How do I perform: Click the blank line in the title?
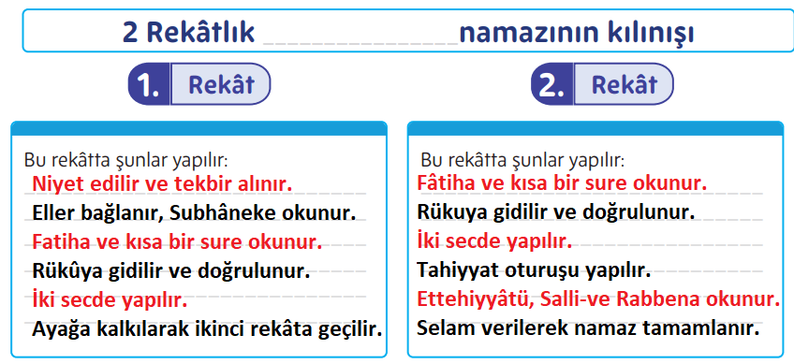point(361,37)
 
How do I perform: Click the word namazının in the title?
point(515,34)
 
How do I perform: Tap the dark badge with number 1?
point(148,85)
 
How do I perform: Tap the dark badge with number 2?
point(551,85)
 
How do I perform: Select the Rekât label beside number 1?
point(221,85)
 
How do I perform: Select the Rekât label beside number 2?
point(625,85)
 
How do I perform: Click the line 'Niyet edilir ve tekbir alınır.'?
point(162,182)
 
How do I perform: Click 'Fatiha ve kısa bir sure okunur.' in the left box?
point(177,241)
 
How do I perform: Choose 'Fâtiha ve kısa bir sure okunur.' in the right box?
point(562,182)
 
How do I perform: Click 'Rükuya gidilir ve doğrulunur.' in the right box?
point(556,212)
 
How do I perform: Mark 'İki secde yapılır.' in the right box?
point(494,241)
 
